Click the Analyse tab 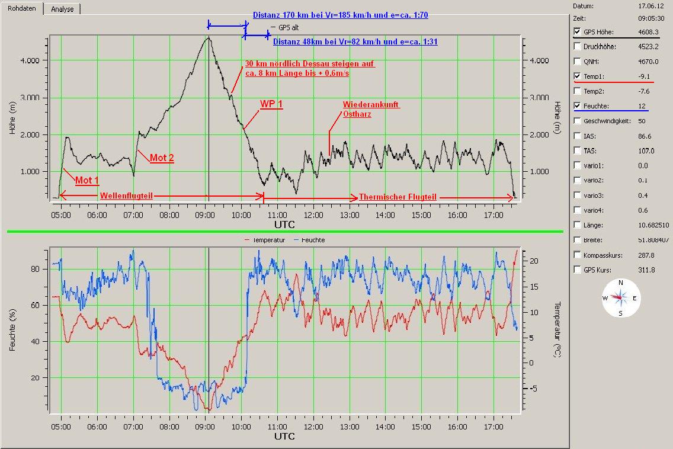point(62,9)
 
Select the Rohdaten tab point(22,8)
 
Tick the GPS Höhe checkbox point(578,32)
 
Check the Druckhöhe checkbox point(578,47)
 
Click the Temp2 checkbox point(578,91)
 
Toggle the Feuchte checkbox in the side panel point(578,106)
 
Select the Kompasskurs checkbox point(578,255)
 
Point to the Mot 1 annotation point(86,180)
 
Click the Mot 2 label point(162,158)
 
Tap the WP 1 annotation point(271,104)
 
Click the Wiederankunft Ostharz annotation point(371,109)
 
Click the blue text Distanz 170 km point(341,15)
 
